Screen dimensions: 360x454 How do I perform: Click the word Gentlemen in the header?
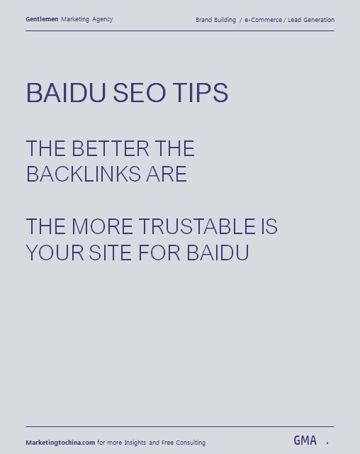point(42,19)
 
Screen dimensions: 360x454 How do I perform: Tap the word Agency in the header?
point(102,20)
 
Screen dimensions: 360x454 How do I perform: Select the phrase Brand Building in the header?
point(215,20)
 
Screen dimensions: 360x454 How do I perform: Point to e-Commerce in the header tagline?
point(263,20)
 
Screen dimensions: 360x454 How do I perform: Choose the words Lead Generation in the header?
point(311,20)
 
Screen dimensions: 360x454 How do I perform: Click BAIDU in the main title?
point(66,93)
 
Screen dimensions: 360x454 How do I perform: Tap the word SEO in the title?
point(140,93)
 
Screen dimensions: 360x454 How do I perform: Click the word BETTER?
point(110,148)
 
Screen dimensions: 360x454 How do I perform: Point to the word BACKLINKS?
point(84,174)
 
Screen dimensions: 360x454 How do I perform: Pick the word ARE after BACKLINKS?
point(167,174)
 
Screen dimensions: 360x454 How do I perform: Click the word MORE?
point(102,226)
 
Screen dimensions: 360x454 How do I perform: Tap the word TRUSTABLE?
point(197,226)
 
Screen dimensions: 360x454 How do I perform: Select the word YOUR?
point(55,253)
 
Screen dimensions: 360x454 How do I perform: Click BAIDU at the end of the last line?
point(218,253)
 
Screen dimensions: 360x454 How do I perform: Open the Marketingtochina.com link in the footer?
point(60,443)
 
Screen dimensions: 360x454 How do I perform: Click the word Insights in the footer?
point(135,443)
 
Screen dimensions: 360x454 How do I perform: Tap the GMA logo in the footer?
point(305,441)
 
